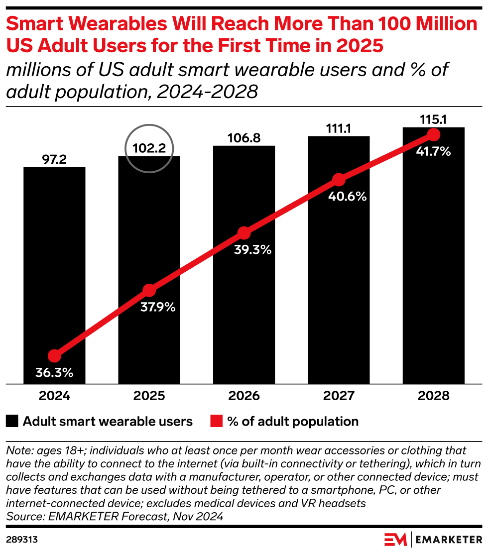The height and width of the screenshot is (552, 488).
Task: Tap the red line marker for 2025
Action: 149,290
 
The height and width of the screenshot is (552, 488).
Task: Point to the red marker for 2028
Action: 433,135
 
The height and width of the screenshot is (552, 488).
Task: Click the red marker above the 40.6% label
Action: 339,180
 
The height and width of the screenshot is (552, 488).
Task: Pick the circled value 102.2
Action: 149,148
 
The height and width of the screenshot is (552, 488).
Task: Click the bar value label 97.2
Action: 54,160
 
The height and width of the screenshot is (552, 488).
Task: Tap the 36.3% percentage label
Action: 54,372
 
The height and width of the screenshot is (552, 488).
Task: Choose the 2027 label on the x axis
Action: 339,396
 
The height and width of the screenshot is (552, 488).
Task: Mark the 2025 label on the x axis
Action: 149,396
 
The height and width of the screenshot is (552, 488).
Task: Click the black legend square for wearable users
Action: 12,422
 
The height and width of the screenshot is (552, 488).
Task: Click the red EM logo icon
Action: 395,539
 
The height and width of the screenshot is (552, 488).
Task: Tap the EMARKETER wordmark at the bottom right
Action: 449,539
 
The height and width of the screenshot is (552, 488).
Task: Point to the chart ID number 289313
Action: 22,539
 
